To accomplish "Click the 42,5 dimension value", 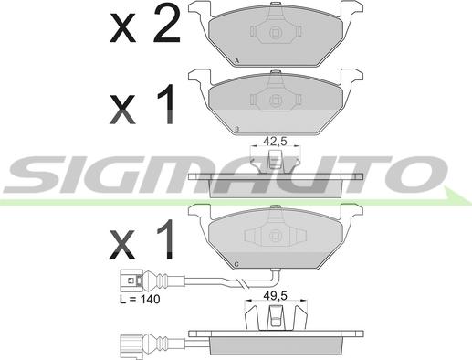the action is pyautogui.click(x=275, y=142).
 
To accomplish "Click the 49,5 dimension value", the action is pyautogui.click(x=275, y=296).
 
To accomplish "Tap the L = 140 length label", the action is pyautogui.click(x=140, y=299).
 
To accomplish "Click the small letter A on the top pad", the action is pyautogui.click(x=237, y=61).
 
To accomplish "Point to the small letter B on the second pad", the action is pyautogui.click(x=237, y=129).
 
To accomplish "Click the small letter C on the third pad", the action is pyautogui.click(x=236, y=264).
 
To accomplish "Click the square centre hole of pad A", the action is pyautogui.click(x=276, y=32).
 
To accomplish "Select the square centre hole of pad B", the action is pyautogui.click(x=276, y=100).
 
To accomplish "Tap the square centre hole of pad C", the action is pyautogui.click(x=276, y=236).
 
